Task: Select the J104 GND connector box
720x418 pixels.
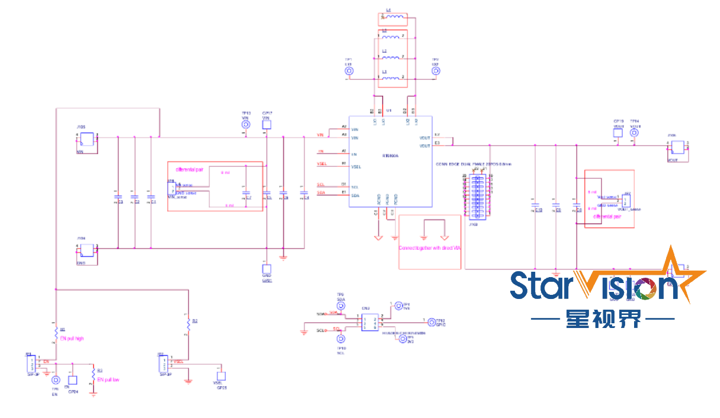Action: [x=88, y=249]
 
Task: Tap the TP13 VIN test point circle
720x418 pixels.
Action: [x=246, y=124]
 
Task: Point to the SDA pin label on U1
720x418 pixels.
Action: [x=356, y=195]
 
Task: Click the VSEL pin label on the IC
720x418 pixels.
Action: [x=356, y=166]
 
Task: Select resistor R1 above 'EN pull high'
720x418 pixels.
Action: [x=56, y=330]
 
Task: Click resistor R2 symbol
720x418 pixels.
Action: [x=188, y=323]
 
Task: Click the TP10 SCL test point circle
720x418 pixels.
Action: [x=341, y=339]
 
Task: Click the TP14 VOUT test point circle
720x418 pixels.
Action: [x=634, y=133]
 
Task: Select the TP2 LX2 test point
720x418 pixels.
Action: [x=436, y=71]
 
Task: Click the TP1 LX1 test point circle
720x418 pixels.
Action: [x=349, y=71]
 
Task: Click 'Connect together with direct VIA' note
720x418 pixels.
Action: [x=429, y=247]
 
